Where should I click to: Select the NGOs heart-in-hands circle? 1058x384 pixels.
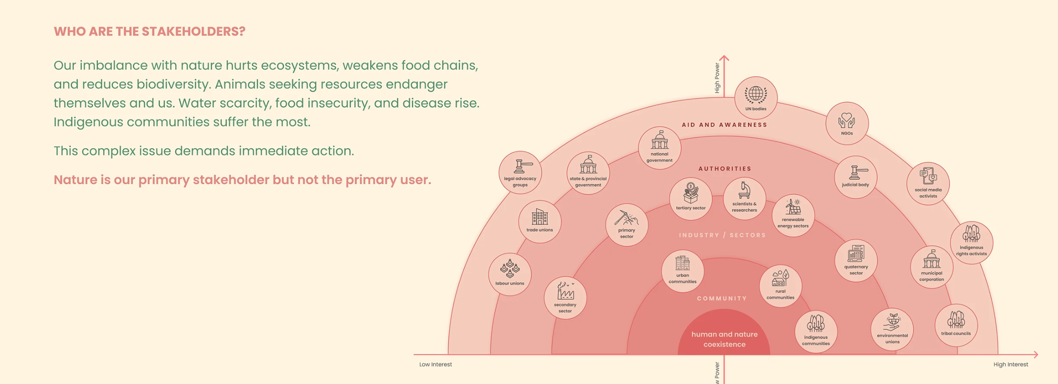[847, 123]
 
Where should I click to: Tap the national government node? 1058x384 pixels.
[659, 148]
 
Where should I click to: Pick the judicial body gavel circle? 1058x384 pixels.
[855, 177]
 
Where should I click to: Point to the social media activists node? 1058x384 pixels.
[928, 184]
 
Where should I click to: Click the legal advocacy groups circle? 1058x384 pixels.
[520, 173]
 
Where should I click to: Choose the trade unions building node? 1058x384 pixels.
[540, 221]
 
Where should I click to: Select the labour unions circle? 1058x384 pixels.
[510, 274]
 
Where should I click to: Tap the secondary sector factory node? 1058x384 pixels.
[565, 298]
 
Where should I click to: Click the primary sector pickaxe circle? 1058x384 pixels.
[627, 225]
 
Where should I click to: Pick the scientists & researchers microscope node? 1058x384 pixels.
[744, 198]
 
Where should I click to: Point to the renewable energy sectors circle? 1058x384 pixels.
[793, 216]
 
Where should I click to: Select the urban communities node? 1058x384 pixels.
[683, 271]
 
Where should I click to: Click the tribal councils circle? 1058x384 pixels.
[956, 325]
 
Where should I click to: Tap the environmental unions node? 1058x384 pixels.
[892, 329]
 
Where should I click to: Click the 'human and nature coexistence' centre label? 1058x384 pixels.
[724, 339]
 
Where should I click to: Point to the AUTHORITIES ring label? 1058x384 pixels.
[725, 168]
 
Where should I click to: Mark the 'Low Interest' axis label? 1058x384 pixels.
[436, 364]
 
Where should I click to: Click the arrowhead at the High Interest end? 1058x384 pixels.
[1036, 354]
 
